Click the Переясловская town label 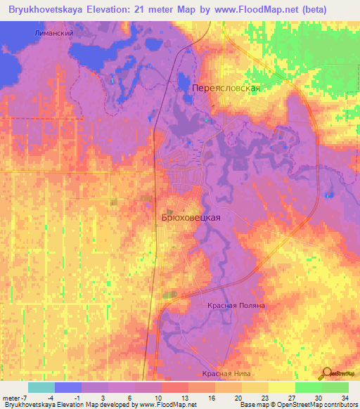226,89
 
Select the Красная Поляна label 236,306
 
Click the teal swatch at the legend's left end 41,387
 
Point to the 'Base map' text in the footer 252,405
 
